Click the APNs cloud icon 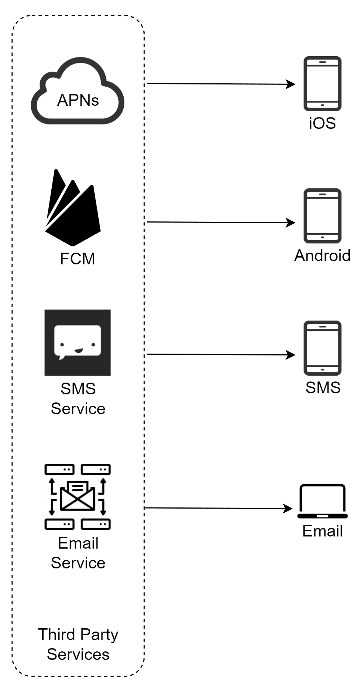(x=77, y=92)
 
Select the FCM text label (x=77, y=259)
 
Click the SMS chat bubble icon (x=77, y=342)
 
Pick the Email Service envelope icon (x=77, y=496)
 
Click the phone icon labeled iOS (x=322, y=84)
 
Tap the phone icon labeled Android (x=322, y=216)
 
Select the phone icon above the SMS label (x=322, y=348)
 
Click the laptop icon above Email (x=322, y=501)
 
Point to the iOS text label (x=322, y=123)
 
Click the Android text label (x=322, y=256)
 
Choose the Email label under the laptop (x=322, y=531)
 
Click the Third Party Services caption (x=78, y=644)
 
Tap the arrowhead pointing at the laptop (x=289, y=509)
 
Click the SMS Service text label (x=78, y=399)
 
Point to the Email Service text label (x=78, y=553)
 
